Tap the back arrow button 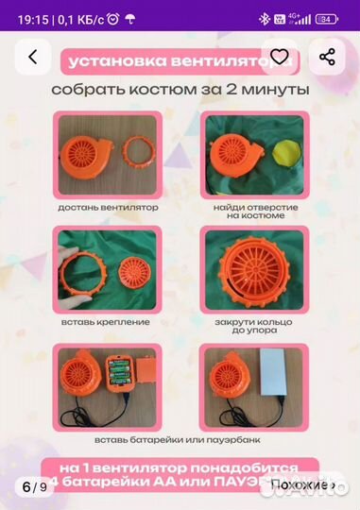click(33, 58)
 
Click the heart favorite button click(278, 58)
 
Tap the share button click(327, 58)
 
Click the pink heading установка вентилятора click(180, 61)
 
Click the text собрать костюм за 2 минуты click(180, 90)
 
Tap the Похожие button click(303, 486)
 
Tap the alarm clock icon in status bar click(113, 18)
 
